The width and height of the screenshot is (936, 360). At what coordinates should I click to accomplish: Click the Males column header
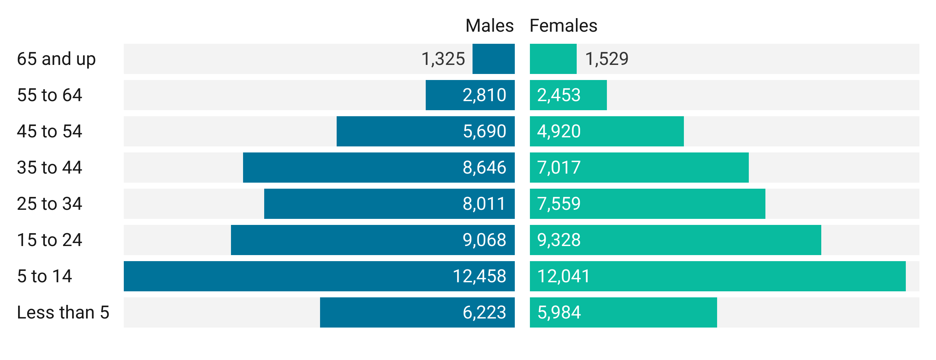(x=489, y=26)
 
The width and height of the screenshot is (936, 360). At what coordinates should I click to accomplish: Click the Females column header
(x=563, y=26)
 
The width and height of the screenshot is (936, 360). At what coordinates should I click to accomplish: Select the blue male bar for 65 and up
(x=493, y=59)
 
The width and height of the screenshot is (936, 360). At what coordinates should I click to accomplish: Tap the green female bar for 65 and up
(x=553, y=59)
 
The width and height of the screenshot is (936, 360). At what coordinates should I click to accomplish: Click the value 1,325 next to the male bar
(x=443, y=59)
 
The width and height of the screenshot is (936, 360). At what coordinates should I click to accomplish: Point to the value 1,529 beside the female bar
(x=607, y=59)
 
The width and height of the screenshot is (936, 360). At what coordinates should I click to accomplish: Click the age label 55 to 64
(x=49, y=95)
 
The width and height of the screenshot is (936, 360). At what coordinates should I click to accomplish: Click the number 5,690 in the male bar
(x=484, y=131)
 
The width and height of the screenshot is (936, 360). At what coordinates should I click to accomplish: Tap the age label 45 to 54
(x=49, y=131)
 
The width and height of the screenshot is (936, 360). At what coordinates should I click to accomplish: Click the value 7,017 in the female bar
(x=559, y=168)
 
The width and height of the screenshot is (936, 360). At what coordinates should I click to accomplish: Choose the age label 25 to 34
(x=49, y=204)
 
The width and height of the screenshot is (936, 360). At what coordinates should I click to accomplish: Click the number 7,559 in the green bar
(x=559, y=204)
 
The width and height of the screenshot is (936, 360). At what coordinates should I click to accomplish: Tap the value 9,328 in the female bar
(x=559, y=240)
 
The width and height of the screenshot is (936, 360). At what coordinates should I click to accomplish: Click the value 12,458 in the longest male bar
(x=479, y=276)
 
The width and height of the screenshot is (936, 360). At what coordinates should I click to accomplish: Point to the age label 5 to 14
(x=45, y=276)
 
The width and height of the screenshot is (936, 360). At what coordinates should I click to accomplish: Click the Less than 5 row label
(x=63, y=312)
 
